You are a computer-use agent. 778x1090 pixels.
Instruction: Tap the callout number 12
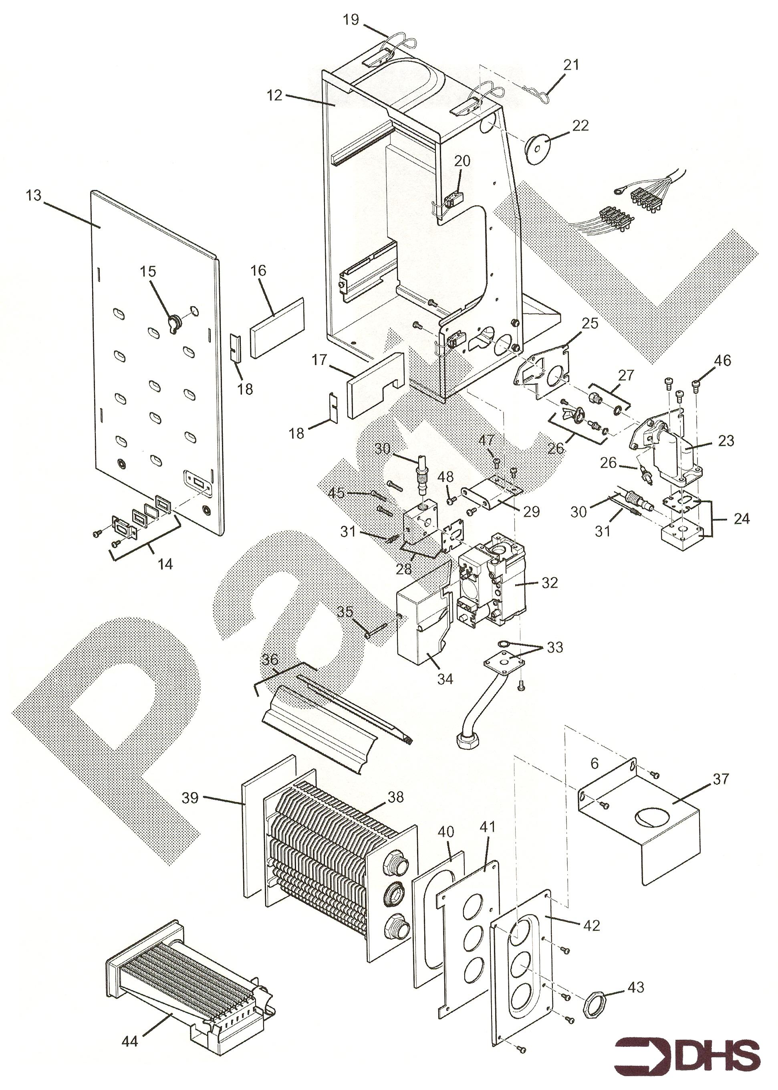(275, 95)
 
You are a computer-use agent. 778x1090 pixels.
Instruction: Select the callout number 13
(34, 196)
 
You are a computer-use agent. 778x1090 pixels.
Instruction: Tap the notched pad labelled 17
(374, 386)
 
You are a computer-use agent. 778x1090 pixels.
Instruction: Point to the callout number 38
(396, 797)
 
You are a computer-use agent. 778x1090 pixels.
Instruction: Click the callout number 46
(722, 360)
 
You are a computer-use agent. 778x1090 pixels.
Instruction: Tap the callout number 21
(571, 65)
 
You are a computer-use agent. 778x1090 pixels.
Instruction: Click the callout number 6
(595, 764)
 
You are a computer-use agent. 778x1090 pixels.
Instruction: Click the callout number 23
(726, 441)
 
